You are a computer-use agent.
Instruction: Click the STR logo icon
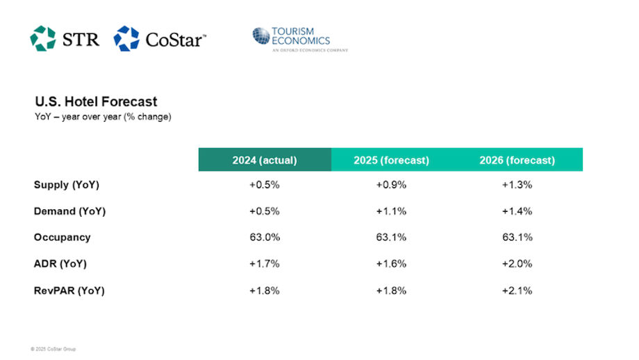[42, 38]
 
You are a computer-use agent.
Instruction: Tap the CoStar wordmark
[175, 40]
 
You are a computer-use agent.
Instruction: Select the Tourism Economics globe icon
[261, 36]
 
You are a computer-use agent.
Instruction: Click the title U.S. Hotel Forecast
[96, 102]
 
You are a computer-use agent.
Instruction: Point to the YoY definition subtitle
[103, 117]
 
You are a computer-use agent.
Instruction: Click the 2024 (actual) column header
[265, 160]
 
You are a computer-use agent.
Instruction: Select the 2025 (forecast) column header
[391, 160]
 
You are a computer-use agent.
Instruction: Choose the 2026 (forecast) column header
[517, 160]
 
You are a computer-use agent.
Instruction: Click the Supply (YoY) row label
[67, 185]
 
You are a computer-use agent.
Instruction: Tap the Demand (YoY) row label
[69, 211]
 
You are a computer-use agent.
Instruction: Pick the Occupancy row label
[62, 238]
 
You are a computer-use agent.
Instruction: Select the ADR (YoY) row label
[60, 264]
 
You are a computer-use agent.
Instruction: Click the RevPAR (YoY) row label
[69, 291]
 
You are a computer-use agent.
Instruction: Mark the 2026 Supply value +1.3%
[517, 185]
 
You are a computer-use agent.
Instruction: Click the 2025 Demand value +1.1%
[391, 211]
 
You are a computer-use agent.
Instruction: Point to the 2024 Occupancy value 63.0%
[265, 238]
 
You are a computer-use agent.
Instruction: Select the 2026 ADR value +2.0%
[517, 264]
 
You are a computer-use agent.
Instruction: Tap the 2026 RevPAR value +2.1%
[517, 291]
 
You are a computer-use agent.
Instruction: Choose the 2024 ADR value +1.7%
[265, 264]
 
